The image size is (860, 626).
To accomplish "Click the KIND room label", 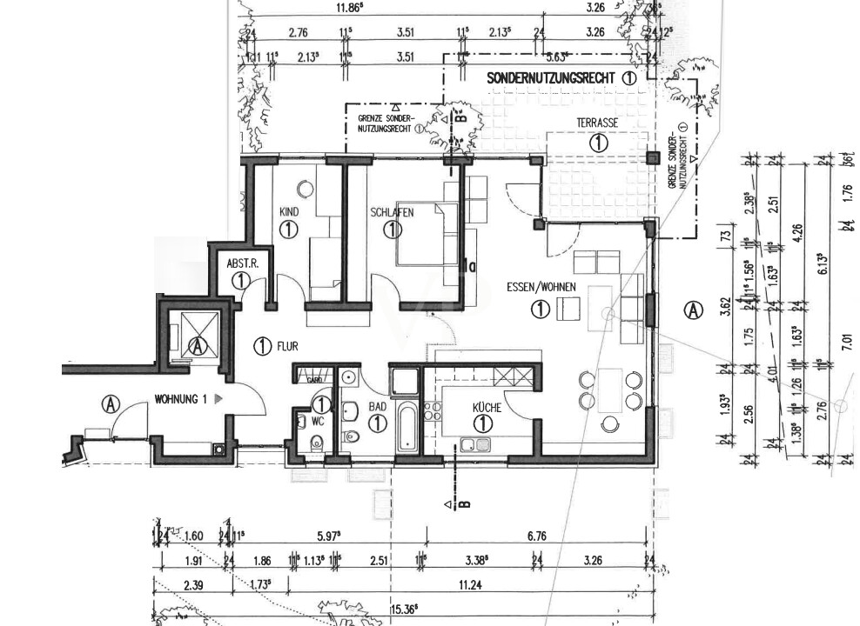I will (289, 211).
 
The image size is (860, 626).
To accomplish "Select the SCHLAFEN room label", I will (391, 211).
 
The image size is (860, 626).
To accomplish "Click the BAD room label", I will (377, 406).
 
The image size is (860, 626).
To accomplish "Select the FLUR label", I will (287, 346).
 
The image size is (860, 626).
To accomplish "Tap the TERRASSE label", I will (597, 123).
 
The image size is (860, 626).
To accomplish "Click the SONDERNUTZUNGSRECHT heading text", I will (552, 78).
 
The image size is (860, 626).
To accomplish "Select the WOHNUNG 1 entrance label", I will (180, 399).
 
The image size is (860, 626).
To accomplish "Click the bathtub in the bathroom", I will (406, 426).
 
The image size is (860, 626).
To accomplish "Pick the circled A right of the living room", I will (692, 309).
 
